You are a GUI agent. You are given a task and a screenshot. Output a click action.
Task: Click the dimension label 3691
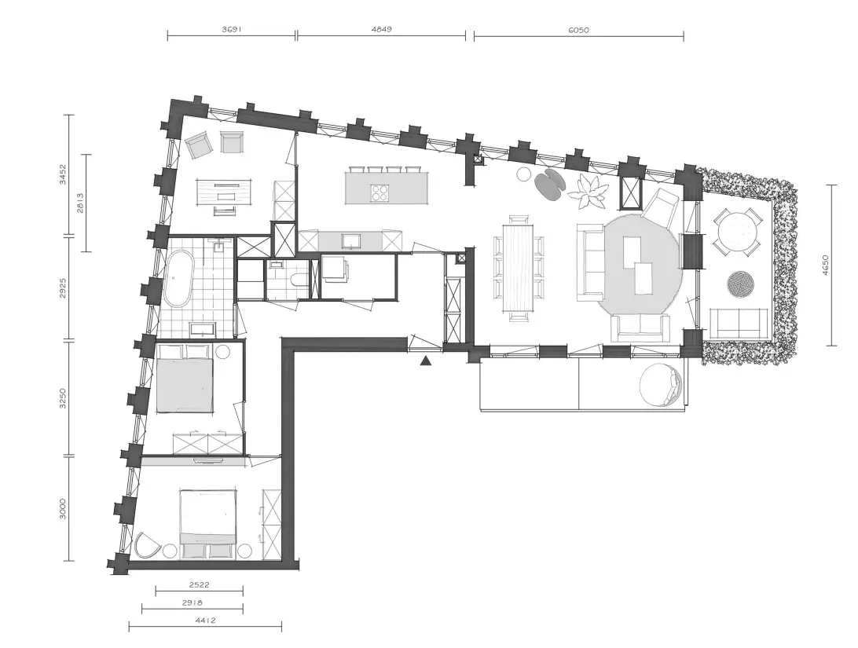pyautogui.click(x=232, y=30)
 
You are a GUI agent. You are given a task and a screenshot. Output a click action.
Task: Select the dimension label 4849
pyautogui.click(x=381, y=30)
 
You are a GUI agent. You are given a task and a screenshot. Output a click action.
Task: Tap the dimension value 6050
pyautogui.click(x=578, y=30)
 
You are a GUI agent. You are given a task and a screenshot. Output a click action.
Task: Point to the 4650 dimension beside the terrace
pyautogui.click(x=825, y=265)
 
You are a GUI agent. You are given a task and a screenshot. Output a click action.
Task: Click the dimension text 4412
pyautogui.click(x=205, y=620)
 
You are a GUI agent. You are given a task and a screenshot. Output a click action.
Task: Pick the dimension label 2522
pyautogui.click(x=200, y=584)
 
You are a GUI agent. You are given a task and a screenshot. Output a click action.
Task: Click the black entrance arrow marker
pyautogui.click(x=427, y=361)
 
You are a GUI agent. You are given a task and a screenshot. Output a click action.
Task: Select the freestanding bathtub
pyautogui.click(x=178, y=278)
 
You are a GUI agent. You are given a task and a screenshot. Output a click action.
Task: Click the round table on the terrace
pyautogui.click(x=738, y=232)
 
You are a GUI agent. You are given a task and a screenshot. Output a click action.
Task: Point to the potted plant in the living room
pyautogui.click(x=588, y=191)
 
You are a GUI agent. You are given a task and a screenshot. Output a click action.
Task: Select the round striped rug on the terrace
pyautogui.click(x=741, y=284)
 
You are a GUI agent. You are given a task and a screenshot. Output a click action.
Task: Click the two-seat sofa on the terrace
pyautogui.click(x=739, y=323)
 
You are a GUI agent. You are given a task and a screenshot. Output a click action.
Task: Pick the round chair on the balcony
pyautogui.click(x=661, y=385)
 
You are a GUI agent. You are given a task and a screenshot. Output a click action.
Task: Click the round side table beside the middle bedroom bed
pyautogui.click(x=222, y=352)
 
